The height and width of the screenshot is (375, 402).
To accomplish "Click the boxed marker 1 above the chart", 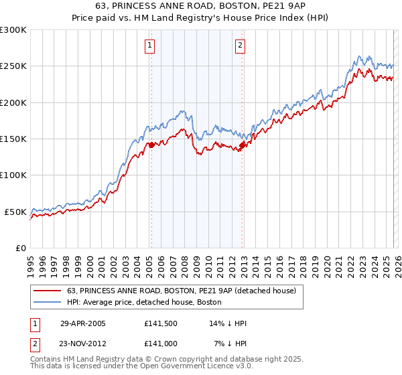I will click(149, 46).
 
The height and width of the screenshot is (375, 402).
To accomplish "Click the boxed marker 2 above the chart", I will click(240, 46).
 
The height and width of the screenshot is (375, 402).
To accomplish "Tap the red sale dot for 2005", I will click(151, 145).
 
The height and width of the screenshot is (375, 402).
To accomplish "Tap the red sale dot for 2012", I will click(243, 145).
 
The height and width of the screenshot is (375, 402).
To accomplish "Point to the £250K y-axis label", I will click(13, 66).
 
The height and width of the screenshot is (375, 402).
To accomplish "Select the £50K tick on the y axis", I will click(16, 212).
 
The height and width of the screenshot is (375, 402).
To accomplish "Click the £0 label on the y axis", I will click(21, 248).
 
